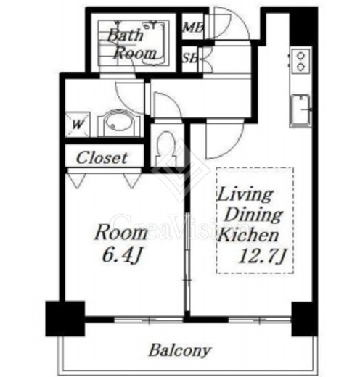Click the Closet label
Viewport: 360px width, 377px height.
(x=102, y=158)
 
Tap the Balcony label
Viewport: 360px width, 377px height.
(x=179, y=350)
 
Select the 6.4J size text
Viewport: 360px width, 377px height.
(x=121, y=255)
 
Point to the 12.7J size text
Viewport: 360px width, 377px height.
(x=262, y=256)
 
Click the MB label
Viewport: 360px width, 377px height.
(x=193, y=28)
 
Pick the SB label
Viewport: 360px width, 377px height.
(x=190, y=58)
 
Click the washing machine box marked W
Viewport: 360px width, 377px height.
(x=78, y=124)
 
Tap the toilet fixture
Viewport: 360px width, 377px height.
(x=166, y=148)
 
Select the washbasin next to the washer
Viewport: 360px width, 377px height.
(x=119, y=123)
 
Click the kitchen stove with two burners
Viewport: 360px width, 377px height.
(x=300, y=61)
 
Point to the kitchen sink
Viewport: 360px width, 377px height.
(x=300, y=110)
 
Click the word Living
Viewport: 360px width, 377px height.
(x=245, y=195)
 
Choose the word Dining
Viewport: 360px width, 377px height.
(x=253, y=215)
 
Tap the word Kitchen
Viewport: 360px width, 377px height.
(x=249, y=235)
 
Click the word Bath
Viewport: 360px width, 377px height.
(x=125, y=36)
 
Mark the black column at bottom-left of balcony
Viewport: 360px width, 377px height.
(x=65, y=318)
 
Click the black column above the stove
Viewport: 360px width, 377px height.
(x=303, y=26)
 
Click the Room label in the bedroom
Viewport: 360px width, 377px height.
(x=121, y=233)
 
